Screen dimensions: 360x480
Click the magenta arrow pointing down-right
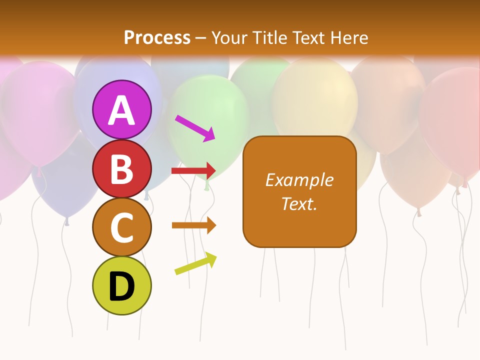click(x=195, y=128)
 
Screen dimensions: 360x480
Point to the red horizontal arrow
click(x=193, y=171)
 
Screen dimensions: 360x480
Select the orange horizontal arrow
click(x=193, y=225)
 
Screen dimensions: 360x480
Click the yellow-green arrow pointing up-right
click(x=195, y=263)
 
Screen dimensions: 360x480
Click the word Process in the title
click(x=157, y=38)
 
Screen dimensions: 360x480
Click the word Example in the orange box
click(x=299, y=180)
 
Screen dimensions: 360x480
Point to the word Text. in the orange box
click(x=299, y=203)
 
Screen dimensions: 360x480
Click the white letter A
click(x=122, y=110)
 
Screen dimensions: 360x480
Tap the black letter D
click(x=122, y=287)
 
